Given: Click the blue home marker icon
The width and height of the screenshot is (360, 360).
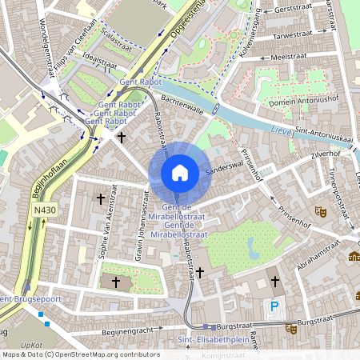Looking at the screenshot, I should pyautogui.click(x=180, y=172).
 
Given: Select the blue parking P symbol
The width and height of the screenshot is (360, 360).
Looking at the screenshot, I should pyautogui.click(x=275, y=306).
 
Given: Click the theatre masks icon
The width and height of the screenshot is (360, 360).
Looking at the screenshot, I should pyautogui.click(x=320, y=212).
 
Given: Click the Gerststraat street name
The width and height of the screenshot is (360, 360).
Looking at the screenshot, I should pyautogui.click(x=292, y=9).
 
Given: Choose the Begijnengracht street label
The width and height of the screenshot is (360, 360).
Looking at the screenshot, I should pyautogui.click(x=127, y=330).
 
